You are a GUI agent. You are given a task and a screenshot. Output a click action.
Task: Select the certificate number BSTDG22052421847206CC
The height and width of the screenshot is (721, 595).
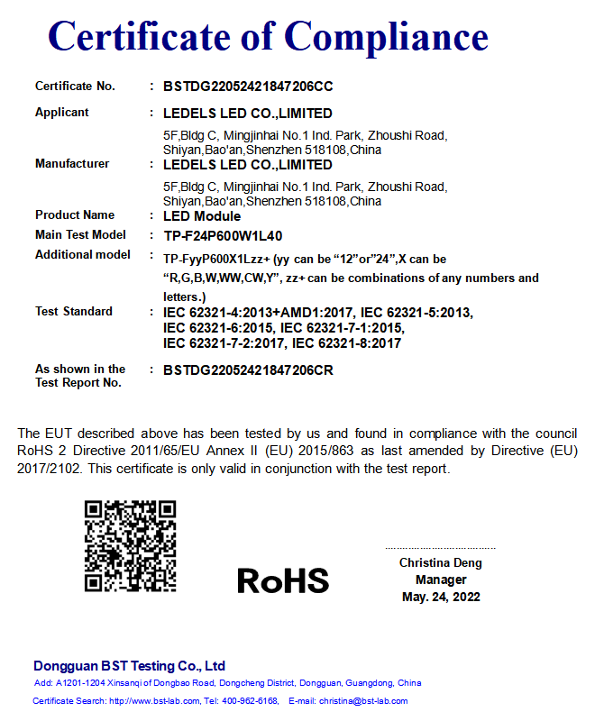(x=248, y=87)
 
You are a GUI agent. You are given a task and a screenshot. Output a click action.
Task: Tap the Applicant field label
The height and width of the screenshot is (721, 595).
(x=62, y=113)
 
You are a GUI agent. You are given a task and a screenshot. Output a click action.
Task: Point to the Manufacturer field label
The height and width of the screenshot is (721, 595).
(x=72, y=164)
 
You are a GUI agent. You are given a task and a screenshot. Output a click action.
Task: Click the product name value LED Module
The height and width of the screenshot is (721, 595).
(x=202, y=216)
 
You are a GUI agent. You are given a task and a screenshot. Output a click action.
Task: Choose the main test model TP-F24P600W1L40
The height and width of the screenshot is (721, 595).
(x=223, y=236)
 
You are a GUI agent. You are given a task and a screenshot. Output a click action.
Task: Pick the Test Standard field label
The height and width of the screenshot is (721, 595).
(x=74, y=312)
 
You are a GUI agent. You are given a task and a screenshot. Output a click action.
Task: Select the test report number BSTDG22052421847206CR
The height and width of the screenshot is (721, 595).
(x=248, y=370)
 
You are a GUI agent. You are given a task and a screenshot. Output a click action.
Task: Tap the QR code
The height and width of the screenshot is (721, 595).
(x=130, y=546)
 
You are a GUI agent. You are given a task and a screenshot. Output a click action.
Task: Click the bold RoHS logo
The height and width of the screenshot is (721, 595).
(x=283, y=580)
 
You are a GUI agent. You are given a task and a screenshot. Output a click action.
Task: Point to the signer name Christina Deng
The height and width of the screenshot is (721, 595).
(x=441, y=563)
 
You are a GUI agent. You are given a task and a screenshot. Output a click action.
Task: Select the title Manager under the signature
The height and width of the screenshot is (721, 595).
(x=441, y=580)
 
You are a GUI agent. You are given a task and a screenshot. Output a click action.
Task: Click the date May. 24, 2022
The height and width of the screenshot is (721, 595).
(x=441, y=597)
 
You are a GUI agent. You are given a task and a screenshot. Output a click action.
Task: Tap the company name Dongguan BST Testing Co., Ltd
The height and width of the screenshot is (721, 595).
(x=129, y=666)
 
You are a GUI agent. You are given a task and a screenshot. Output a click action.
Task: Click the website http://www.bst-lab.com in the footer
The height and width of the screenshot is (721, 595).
(x=148, y=701)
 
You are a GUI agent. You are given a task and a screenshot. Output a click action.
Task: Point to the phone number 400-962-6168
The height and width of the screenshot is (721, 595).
(x=250, y=701)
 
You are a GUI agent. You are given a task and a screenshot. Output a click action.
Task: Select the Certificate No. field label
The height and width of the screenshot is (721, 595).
(x=75, y=87)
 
